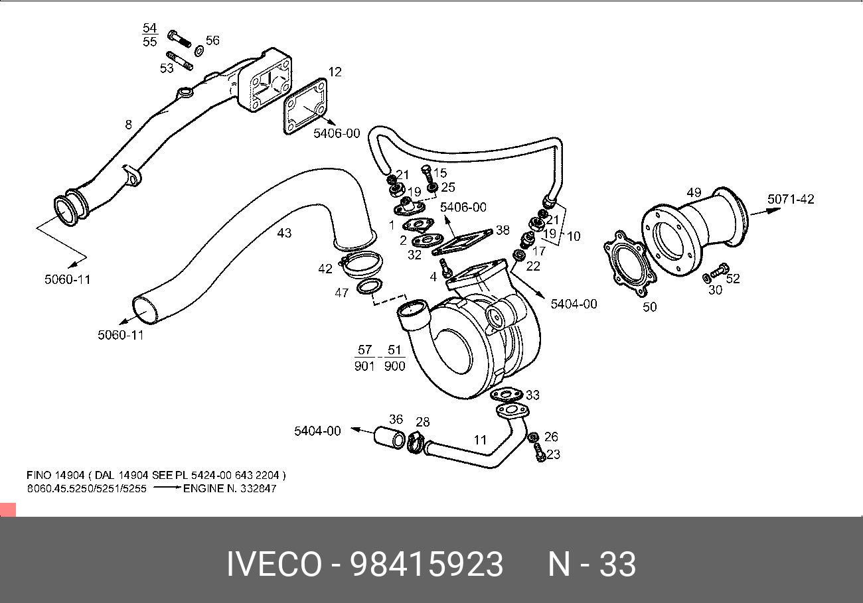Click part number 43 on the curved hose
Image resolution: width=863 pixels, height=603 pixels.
284,233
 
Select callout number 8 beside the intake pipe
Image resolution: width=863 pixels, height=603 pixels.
128,124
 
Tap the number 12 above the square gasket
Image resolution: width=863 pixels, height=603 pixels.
335,72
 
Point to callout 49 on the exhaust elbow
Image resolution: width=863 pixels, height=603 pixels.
694,192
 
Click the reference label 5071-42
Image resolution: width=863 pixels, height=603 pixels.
791,199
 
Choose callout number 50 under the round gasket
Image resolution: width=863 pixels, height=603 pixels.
649,307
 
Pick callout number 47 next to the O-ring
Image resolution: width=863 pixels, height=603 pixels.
341,293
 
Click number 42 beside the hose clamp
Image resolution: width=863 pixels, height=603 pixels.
325,269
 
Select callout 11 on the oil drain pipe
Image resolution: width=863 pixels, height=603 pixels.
480,439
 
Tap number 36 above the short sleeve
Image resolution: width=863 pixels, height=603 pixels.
396,419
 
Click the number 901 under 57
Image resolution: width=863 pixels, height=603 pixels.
364,366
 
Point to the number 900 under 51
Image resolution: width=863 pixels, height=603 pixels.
394,366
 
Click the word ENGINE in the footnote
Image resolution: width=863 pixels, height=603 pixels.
205,488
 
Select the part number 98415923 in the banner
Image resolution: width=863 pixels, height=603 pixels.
427,565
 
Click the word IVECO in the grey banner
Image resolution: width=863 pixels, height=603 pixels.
274,565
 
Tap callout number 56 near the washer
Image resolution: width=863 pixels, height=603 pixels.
212,41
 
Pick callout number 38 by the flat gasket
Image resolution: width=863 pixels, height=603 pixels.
503,230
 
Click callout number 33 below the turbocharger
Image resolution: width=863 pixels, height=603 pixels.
532,395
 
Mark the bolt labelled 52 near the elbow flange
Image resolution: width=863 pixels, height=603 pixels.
718,273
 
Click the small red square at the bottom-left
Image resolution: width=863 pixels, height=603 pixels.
7,510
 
